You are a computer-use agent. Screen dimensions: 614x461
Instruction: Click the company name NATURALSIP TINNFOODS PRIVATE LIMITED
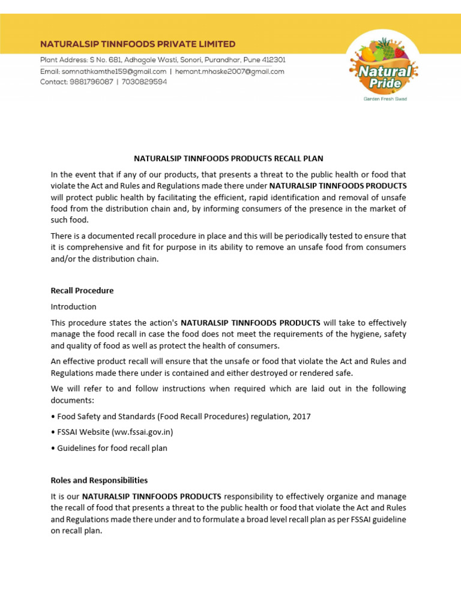(x=137, y=44)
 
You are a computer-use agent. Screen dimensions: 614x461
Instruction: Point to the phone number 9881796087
(x=89, y=82)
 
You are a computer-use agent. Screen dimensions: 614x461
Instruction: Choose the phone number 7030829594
(x=144, y=82)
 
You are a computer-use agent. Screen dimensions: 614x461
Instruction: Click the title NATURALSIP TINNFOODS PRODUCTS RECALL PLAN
(x=228, y=159)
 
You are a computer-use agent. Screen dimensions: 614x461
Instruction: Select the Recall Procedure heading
(x=82, y=291)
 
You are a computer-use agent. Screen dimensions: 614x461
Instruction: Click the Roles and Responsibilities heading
(x=99, y=480)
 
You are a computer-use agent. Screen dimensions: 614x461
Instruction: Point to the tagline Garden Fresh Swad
(x=385, y=99)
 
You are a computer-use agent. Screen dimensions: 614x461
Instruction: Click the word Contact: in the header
(x=53, y=82)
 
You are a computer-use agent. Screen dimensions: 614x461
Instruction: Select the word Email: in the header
(x=50, y=71)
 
